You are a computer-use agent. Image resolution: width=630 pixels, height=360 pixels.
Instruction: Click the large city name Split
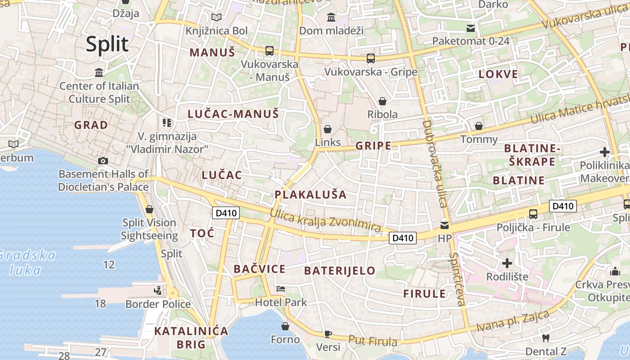tap(107, 44)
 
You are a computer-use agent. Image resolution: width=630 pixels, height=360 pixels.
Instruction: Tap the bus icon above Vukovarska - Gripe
tap(371, 58)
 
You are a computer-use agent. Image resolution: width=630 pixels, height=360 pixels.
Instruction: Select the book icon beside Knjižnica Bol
tap(216, 18)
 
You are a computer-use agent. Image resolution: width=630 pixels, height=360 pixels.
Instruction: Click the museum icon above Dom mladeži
tap(331, 18)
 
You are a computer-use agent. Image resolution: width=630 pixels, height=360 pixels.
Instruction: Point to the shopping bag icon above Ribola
tap(382, 101)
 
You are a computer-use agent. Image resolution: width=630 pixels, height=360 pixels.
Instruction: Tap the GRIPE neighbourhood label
tap(373, 145)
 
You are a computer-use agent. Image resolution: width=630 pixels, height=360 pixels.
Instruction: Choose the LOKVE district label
tap(498, 74)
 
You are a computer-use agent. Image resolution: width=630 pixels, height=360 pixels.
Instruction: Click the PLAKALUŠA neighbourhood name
tap(310, 194)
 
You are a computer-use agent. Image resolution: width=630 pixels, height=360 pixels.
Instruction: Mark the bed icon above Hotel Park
tap(281, 288)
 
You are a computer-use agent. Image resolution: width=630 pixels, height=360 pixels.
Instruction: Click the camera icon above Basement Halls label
tap(103, 161)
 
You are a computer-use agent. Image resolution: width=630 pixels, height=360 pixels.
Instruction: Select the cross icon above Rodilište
tap(507, 263)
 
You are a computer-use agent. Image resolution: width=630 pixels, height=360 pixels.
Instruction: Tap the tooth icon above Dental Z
tap(545, 338)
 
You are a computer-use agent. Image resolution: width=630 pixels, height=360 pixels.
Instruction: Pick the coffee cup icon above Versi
tap(328, 334)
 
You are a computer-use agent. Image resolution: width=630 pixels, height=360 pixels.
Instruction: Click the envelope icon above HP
tap(444, 225)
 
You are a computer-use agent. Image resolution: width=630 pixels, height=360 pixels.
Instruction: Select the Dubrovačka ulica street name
tap(434, 164)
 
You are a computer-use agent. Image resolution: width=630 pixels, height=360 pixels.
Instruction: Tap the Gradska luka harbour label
tap(28, 263)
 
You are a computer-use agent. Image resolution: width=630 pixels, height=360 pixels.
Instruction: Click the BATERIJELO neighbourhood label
tap(339, 270)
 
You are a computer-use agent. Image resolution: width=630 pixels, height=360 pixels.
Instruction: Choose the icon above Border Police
tap(157, 291)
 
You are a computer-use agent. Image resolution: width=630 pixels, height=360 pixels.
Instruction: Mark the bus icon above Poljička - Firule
tap(533, 214)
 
